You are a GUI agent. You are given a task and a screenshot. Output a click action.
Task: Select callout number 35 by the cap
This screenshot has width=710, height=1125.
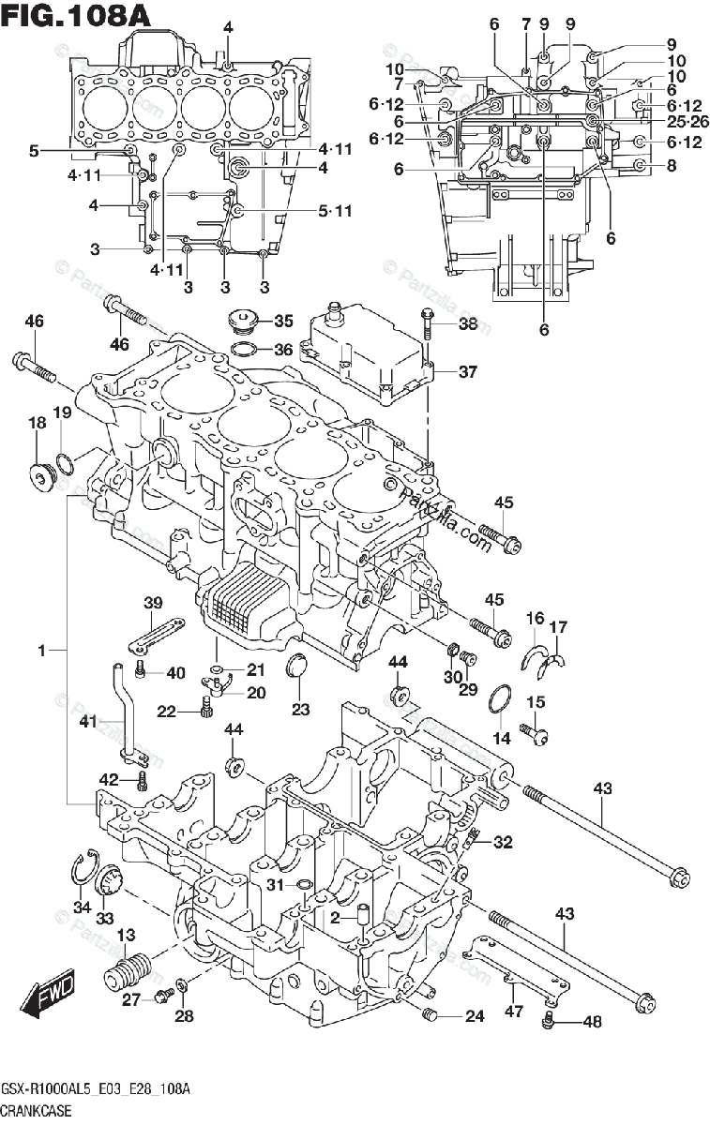tap(283, 321)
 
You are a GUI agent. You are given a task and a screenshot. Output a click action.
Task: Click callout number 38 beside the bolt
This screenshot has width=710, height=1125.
tap(468, 323)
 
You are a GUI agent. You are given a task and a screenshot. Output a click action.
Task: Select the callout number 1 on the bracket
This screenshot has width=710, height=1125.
tap(42, 651)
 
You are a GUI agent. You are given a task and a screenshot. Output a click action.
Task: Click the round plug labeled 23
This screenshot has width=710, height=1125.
tap(295, 667)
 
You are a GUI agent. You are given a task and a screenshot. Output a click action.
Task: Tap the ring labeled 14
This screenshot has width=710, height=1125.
tap(500, 699)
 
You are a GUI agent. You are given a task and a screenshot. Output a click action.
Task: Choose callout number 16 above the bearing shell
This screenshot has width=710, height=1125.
tap(536, 618)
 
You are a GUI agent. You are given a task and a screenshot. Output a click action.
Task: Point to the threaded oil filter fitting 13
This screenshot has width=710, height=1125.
tap(128, 972)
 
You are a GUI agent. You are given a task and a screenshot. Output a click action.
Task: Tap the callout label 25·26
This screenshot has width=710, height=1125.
tap(687, 122)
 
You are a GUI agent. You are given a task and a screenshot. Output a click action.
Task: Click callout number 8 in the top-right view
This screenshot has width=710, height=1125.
tap(672, 165)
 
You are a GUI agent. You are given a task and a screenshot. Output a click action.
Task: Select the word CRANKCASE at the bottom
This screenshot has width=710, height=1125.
tap(36, 1110)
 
